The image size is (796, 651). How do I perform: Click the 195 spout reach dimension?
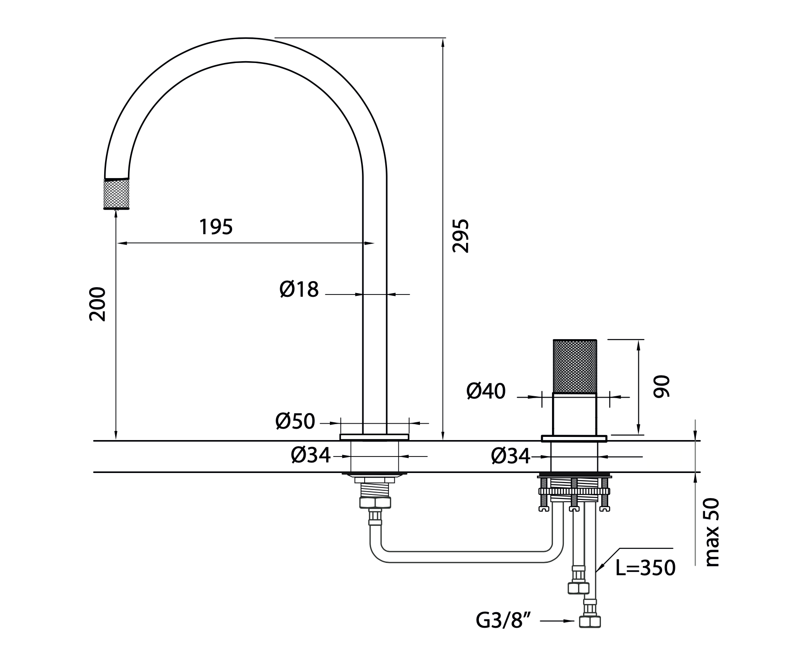click(216, 227)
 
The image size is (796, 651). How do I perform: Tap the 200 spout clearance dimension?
click(97, 304)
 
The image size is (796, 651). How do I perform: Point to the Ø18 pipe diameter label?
click(299, 289)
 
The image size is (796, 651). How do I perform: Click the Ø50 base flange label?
click(295, 421)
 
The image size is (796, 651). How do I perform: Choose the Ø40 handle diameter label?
click(486, 391)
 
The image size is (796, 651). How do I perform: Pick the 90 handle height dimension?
click(661, 386)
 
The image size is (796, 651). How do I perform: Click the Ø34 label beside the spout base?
click(310, 455)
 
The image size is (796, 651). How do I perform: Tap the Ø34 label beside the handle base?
click(510, 456)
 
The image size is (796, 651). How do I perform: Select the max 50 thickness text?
click(712, 532)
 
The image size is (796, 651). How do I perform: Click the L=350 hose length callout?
click(645, 568)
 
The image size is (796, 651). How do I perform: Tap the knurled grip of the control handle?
click(575, 366)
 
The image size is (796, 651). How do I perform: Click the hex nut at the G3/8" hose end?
click(590, 621)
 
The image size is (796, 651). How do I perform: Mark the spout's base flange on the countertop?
click(374, 437)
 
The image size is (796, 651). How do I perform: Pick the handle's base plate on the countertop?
click(574, 439)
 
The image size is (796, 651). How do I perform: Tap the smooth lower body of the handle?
click(575, 414)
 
